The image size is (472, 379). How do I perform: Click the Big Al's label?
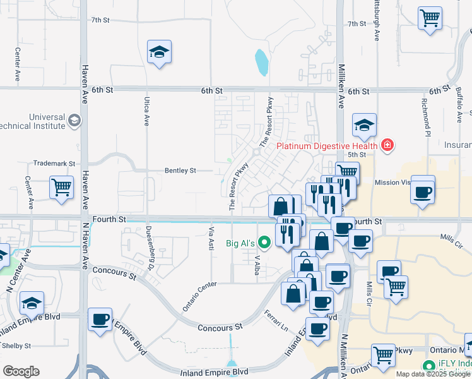(x=240, y=243)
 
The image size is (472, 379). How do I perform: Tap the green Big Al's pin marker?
(x=264, y=241)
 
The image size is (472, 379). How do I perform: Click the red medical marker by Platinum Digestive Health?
(x=386, y=146)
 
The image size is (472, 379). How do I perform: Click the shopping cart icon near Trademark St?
(x=62, y=188)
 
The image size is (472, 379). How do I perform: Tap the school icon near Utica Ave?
(x=159, y=53)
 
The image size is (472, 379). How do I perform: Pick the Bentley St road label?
(x=180, y=171)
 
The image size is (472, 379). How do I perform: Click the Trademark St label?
(x=54, y=163)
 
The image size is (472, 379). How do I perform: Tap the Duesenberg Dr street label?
(x=151, y=244)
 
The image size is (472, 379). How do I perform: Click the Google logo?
(x=21, y=371)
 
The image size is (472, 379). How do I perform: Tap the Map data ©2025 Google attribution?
(x=433, y=374)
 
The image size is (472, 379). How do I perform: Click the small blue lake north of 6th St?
(x=261, y=63)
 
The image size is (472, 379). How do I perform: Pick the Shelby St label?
(x=16, y=346)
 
